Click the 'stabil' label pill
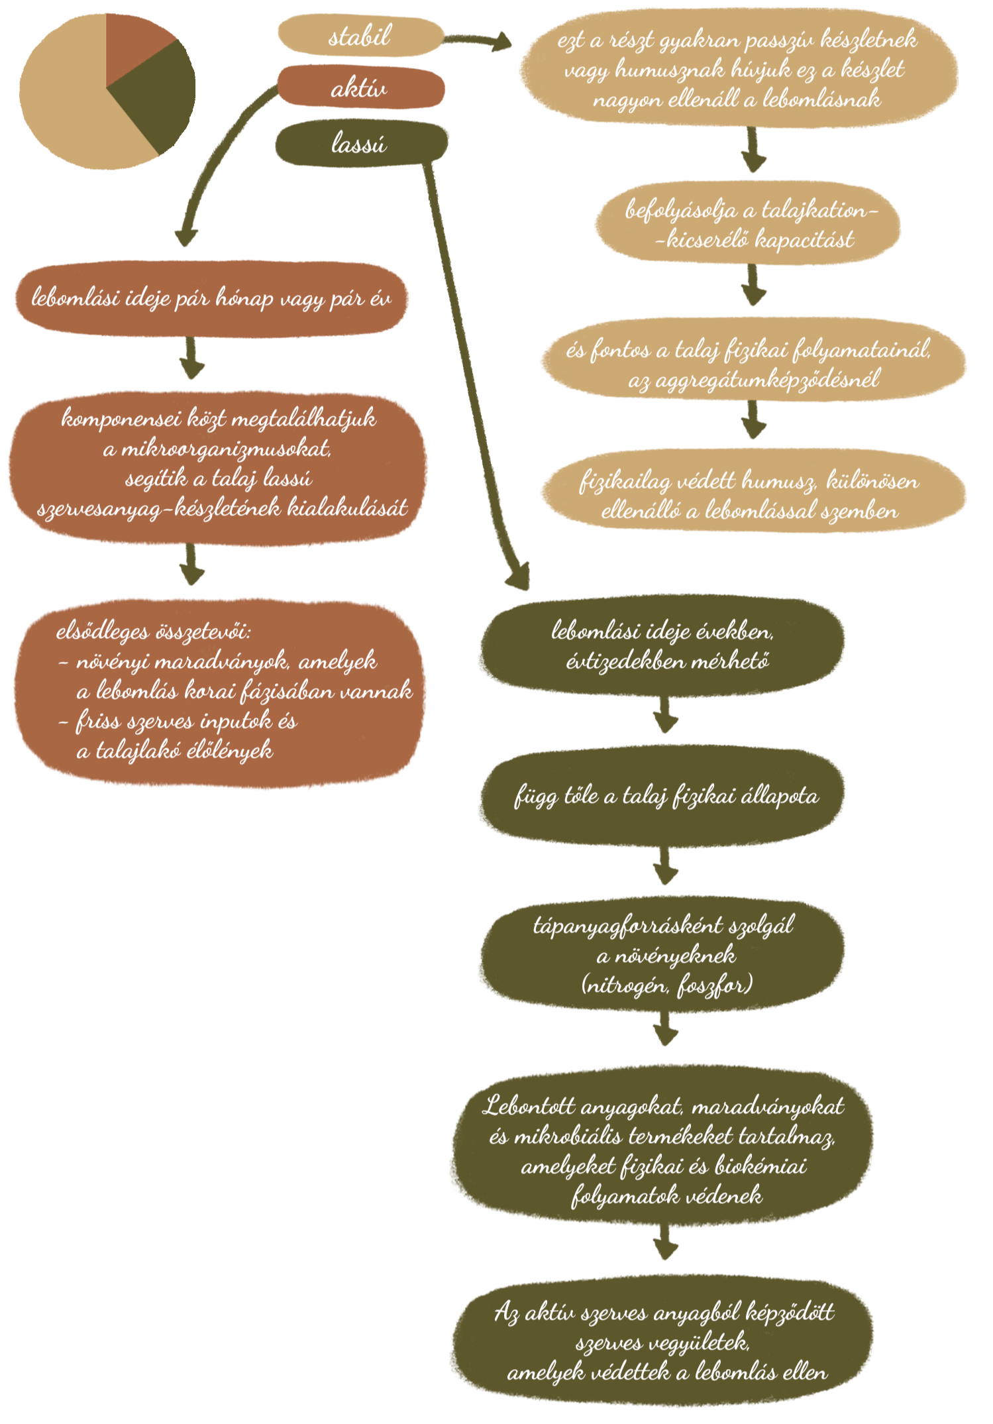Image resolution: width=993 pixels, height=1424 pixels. [360, 36]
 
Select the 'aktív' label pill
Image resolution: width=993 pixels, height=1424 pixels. [360, 87]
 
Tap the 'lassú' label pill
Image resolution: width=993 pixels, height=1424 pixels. [360, 143]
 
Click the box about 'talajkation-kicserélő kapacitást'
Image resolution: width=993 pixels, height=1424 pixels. [747, 224]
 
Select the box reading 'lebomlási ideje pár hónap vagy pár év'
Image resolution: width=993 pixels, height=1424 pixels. [211, 300]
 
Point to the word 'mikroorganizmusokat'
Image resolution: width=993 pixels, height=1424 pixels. [217, 449]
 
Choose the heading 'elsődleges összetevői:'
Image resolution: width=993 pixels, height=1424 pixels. [154, 631]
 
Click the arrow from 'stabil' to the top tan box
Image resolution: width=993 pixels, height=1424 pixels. [477, 42]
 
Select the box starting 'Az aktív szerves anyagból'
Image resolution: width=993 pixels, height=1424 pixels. [662, 1342]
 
